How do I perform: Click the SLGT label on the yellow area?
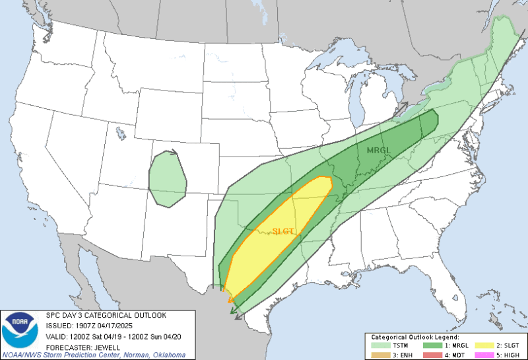coord(282,231)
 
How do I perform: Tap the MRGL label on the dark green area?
coord(379,151)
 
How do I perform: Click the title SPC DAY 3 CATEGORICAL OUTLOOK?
coord(106,315)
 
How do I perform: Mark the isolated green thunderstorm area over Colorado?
coord(167,178)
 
